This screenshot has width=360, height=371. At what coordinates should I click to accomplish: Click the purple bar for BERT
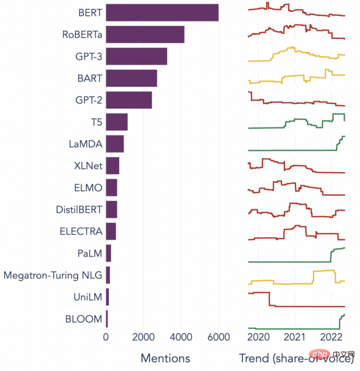162,12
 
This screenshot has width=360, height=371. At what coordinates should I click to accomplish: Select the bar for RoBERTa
145,34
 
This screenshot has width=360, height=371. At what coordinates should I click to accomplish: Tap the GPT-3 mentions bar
136,56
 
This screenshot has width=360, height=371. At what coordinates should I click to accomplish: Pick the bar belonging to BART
131,78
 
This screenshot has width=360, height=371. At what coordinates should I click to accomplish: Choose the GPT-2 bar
129,100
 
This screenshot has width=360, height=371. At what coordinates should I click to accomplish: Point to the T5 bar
116,122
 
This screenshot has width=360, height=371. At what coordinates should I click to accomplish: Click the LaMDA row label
85,144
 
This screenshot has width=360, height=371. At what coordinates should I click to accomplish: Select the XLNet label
88,165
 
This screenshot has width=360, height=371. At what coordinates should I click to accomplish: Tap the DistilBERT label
79,209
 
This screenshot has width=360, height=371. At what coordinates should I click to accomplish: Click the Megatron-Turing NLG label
53,275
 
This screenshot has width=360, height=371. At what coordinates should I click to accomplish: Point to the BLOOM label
84,319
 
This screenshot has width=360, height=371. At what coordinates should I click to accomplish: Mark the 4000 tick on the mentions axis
181,338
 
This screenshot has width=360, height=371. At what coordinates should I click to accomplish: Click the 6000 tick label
218,338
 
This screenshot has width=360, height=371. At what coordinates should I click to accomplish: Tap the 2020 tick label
259,338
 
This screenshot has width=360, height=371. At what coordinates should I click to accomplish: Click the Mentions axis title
165,358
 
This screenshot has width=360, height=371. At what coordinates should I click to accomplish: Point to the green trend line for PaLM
288,262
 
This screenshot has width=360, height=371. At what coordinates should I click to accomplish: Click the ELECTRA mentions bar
111,232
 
